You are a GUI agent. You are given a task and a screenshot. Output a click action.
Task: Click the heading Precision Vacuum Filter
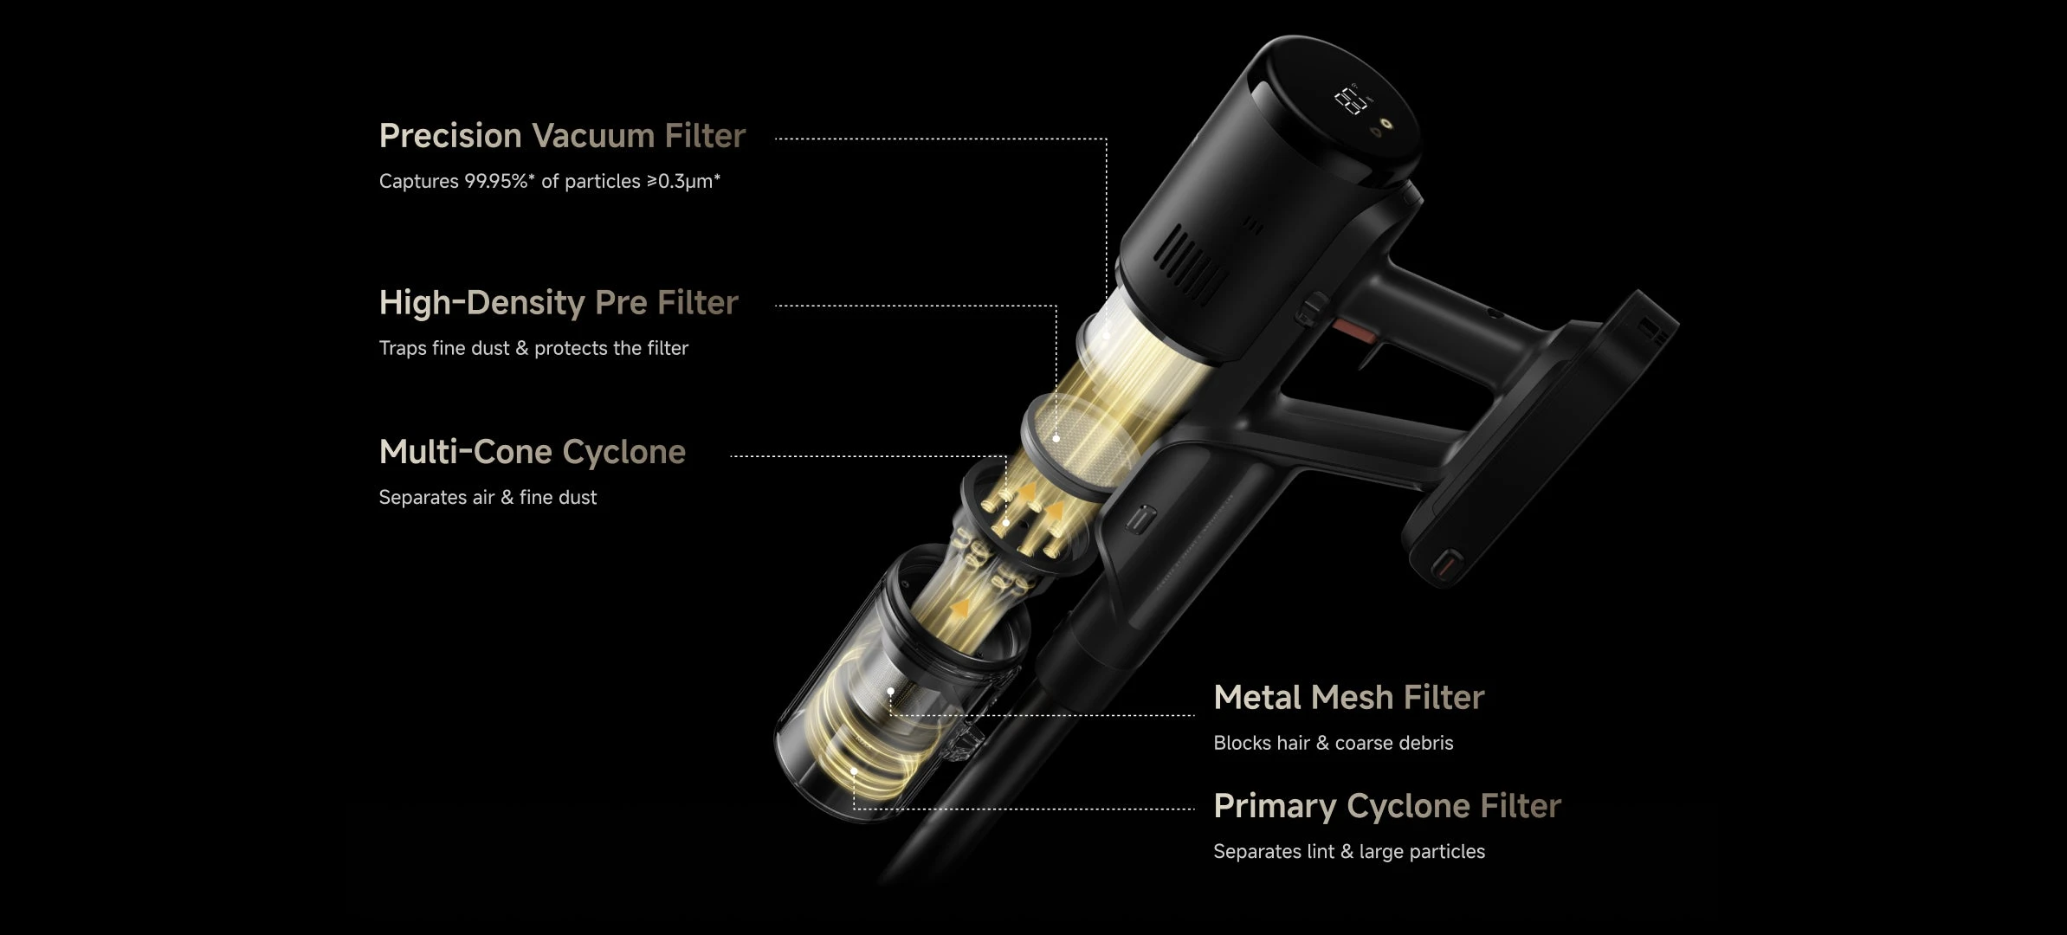(562, 136)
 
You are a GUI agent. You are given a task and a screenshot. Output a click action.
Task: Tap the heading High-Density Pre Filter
(559, 303)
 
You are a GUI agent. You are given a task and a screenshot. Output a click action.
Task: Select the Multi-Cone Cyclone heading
(532, 452)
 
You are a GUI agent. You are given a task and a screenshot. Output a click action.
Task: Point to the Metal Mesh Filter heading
(1348, 697)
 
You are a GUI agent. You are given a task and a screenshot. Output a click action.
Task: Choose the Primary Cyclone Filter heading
(1386, 806)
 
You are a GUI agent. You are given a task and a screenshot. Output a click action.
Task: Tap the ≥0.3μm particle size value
(680, 181)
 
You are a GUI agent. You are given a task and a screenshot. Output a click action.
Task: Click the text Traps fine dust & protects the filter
(533, 348)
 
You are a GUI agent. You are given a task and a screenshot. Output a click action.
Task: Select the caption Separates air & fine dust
(488, 497)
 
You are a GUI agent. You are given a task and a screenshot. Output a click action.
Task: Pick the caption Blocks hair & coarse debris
(1333, 743)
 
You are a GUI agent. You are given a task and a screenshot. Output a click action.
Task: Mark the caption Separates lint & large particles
(1348, 852)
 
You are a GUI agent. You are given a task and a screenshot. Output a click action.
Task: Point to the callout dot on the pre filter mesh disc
(1056, 439)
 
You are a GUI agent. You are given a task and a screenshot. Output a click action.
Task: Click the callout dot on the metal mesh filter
(890, 692)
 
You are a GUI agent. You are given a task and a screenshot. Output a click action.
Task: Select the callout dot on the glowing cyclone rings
(854, 771)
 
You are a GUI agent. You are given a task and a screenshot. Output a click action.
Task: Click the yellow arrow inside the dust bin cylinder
(959, 608)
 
